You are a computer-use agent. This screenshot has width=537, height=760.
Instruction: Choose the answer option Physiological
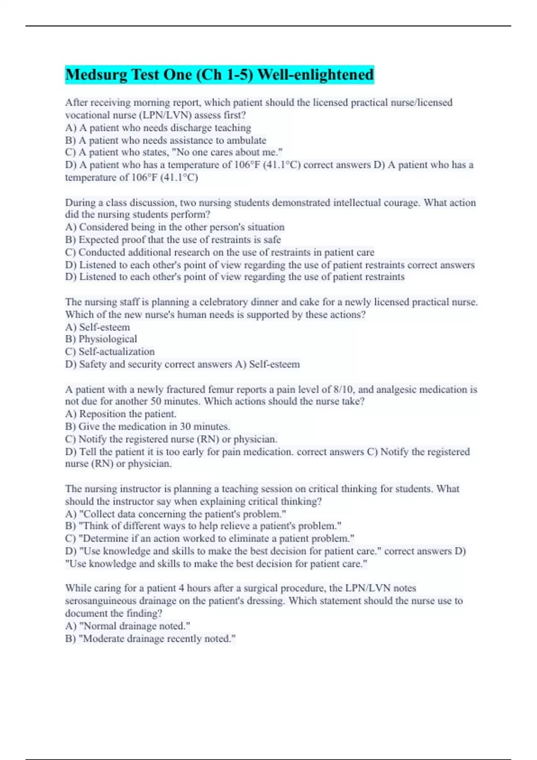tap(107, 339)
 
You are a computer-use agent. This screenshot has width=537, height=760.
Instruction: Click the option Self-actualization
tap(116, 352)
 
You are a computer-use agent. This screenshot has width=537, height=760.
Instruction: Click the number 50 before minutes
tap(156, 401)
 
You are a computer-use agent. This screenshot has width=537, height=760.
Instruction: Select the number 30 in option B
tap(186, 426)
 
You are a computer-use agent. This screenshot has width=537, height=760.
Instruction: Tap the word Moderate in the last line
tap(102, 639)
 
